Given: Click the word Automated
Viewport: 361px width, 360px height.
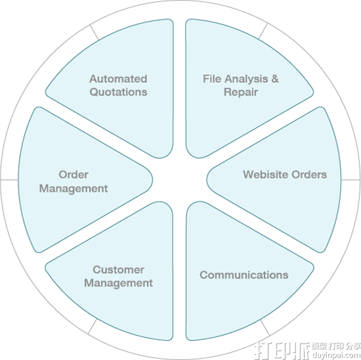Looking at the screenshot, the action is (118, 79).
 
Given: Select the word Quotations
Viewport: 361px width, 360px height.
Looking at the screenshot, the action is (118, 92).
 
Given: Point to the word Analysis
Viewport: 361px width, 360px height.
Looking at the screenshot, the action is (246, 79).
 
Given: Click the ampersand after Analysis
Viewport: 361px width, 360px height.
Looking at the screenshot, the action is (275, 79).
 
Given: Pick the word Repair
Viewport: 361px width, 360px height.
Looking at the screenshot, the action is (241, 93).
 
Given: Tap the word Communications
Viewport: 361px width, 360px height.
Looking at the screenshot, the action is (244, 275).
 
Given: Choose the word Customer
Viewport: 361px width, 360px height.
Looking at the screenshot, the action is (119, 269).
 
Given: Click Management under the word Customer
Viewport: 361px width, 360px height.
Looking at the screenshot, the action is (118, 283).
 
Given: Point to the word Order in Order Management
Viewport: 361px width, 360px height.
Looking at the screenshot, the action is (74, 175).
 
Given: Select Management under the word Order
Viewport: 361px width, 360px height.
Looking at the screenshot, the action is (74, 189).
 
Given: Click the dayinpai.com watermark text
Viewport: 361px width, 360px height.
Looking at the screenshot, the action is (336, 355).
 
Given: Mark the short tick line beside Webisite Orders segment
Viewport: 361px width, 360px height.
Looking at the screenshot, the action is (350, 179).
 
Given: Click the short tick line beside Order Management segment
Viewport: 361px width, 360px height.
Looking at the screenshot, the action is (9, 179).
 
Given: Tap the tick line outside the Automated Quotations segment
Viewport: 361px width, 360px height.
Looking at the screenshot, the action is (94, 32).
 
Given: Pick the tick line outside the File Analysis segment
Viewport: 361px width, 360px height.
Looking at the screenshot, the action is (263, 31).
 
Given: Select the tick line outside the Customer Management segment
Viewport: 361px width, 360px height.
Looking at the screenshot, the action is (93, 326).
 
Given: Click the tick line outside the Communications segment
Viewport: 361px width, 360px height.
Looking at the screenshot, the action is (265, 328).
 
